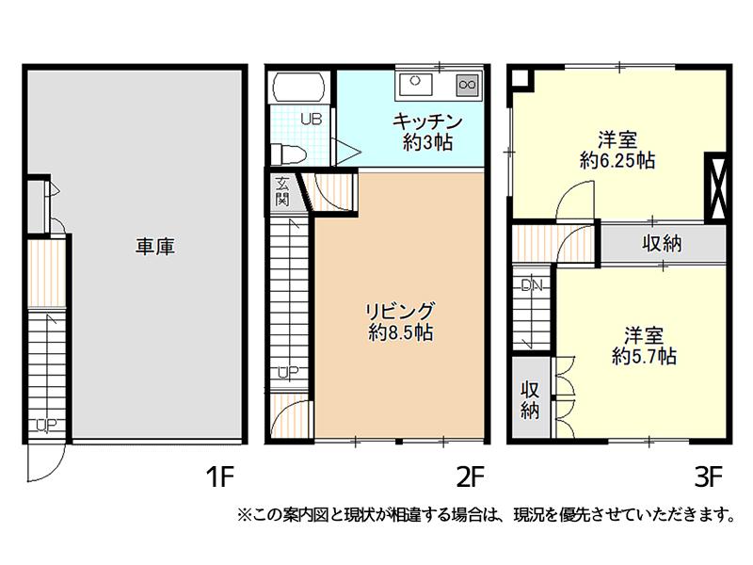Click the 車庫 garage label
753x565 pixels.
pos(154,247)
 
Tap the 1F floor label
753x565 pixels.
pos(219,477)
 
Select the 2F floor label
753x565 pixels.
pos(470,477)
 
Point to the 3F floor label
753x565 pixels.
pos(709,477)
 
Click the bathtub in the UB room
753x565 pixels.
pos(298,88)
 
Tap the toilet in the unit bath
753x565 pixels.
pos(288,154)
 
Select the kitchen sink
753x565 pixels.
pos(415,84)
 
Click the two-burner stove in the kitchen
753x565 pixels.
pos(467,85)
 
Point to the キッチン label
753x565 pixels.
pos(427,121)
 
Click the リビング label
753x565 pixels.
pos(400,312)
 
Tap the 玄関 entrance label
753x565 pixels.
pos(282,191)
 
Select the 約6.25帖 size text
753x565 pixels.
pos(617,160)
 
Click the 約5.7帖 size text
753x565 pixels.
pos(644,357)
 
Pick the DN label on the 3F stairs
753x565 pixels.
pos(532,286)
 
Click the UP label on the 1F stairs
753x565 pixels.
pos(46,425)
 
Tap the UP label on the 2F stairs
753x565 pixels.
pos(289,372)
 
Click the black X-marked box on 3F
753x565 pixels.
pos(715,186)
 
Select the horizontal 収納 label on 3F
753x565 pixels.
pos(663,244)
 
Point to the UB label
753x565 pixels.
pos(312,120)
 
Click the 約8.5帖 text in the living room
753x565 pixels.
pos(401,332)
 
